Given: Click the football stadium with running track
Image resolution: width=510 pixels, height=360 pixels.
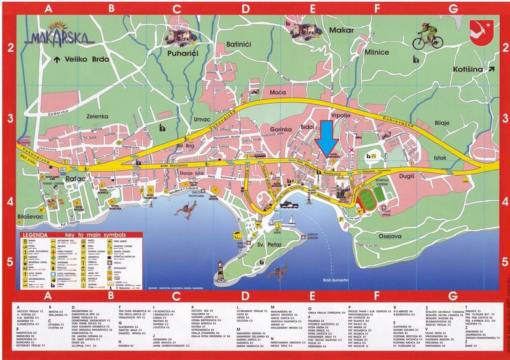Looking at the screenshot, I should pos(368,199).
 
